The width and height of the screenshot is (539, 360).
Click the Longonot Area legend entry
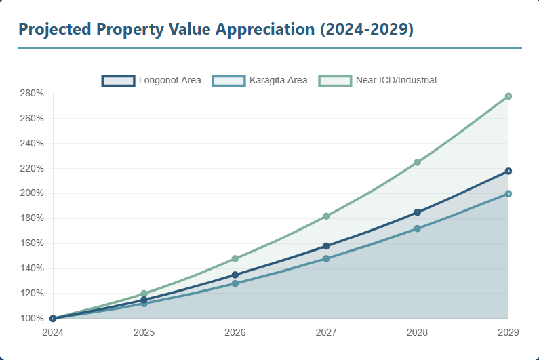(152, 80)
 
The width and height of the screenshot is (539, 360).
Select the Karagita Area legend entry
(260, 80)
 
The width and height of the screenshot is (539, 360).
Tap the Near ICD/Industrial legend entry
(378, 80)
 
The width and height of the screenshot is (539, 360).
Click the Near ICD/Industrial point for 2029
(508, 96)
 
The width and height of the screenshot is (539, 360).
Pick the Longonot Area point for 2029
(508, 171)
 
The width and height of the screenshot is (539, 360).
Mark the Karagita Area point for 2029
(508, 194)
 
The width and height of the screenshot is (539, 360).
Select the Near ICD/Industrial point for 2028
(417, 163)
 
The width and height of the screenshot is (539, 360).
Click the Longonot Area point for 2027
(326, 246)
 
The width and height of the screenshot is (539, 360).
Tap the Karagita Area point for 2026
(235, 283)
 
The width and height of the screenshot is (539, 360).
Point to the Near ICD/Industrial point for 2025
(144, 294)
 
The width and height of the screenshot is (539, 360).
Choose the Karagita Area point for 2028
(417, 228)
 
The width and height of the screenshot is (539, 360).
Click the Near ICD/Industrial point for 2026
(235, 258)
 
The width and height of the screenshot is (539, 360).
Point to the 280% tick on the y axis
(32, 94)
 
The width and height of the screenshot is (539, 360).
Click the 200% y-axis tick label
(32, 193)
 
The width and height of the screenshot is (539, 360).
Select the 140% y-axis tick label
(32, 268)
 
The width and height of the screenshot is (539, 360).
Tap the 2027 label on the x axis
(326, 332)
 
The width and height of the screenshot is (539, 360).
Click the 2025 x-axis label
(144, 332)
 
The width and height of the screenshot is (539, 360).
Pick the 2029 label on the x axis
(508, 332)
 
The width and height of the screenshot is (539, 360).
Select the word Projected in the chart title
(54, 29)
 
